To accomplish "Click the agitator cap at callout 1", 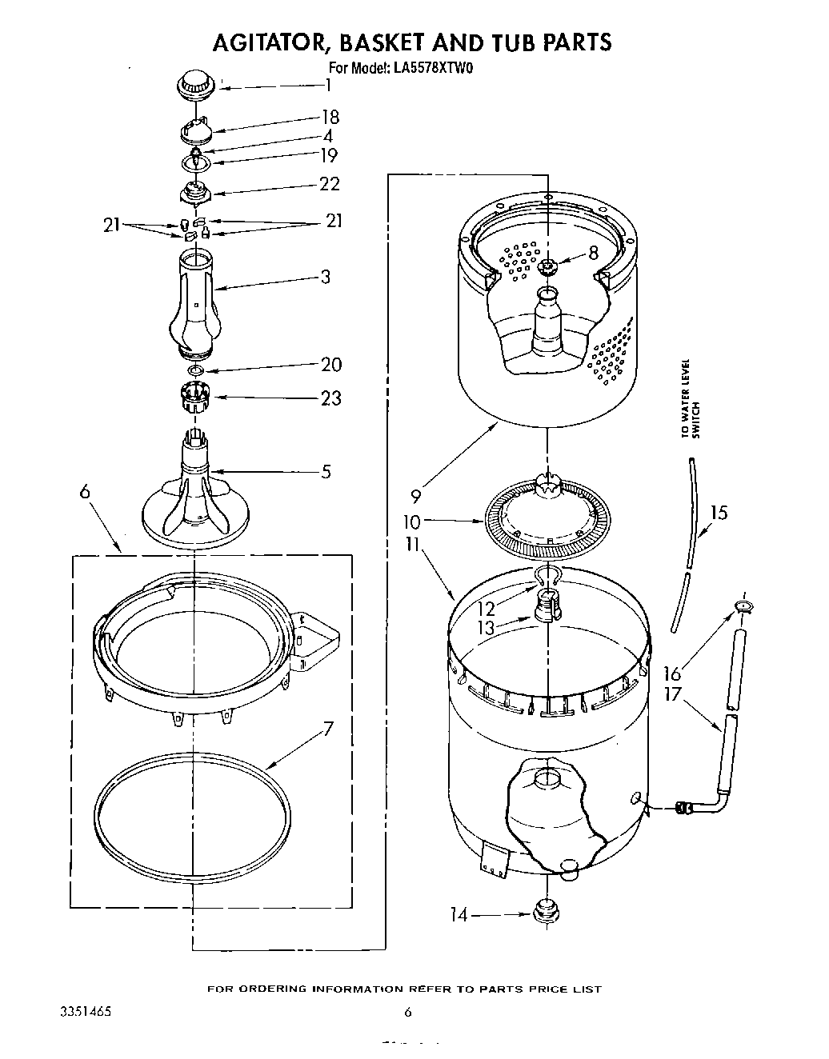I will coord(191,84).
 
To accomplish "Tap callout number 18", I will coord(330,118).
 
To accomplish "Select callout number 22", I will coord(329,184).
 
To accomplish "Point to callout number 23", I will coord(330,398).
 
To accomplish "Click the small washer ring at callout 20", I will coord(195,371).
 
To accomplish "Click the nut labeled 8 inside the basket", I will coord(548,266).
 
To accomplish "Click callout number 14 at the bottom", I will coord(459,913).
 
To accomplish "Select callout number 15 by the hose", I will coord(719,512).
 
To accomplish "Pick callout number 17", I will coord(672,694).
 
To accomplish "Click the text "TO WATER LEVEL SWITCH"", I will coord(690,398).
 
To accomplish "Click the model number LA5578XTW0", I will coord(431,69).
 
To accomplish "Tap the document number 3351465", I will coord(85,1012).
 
